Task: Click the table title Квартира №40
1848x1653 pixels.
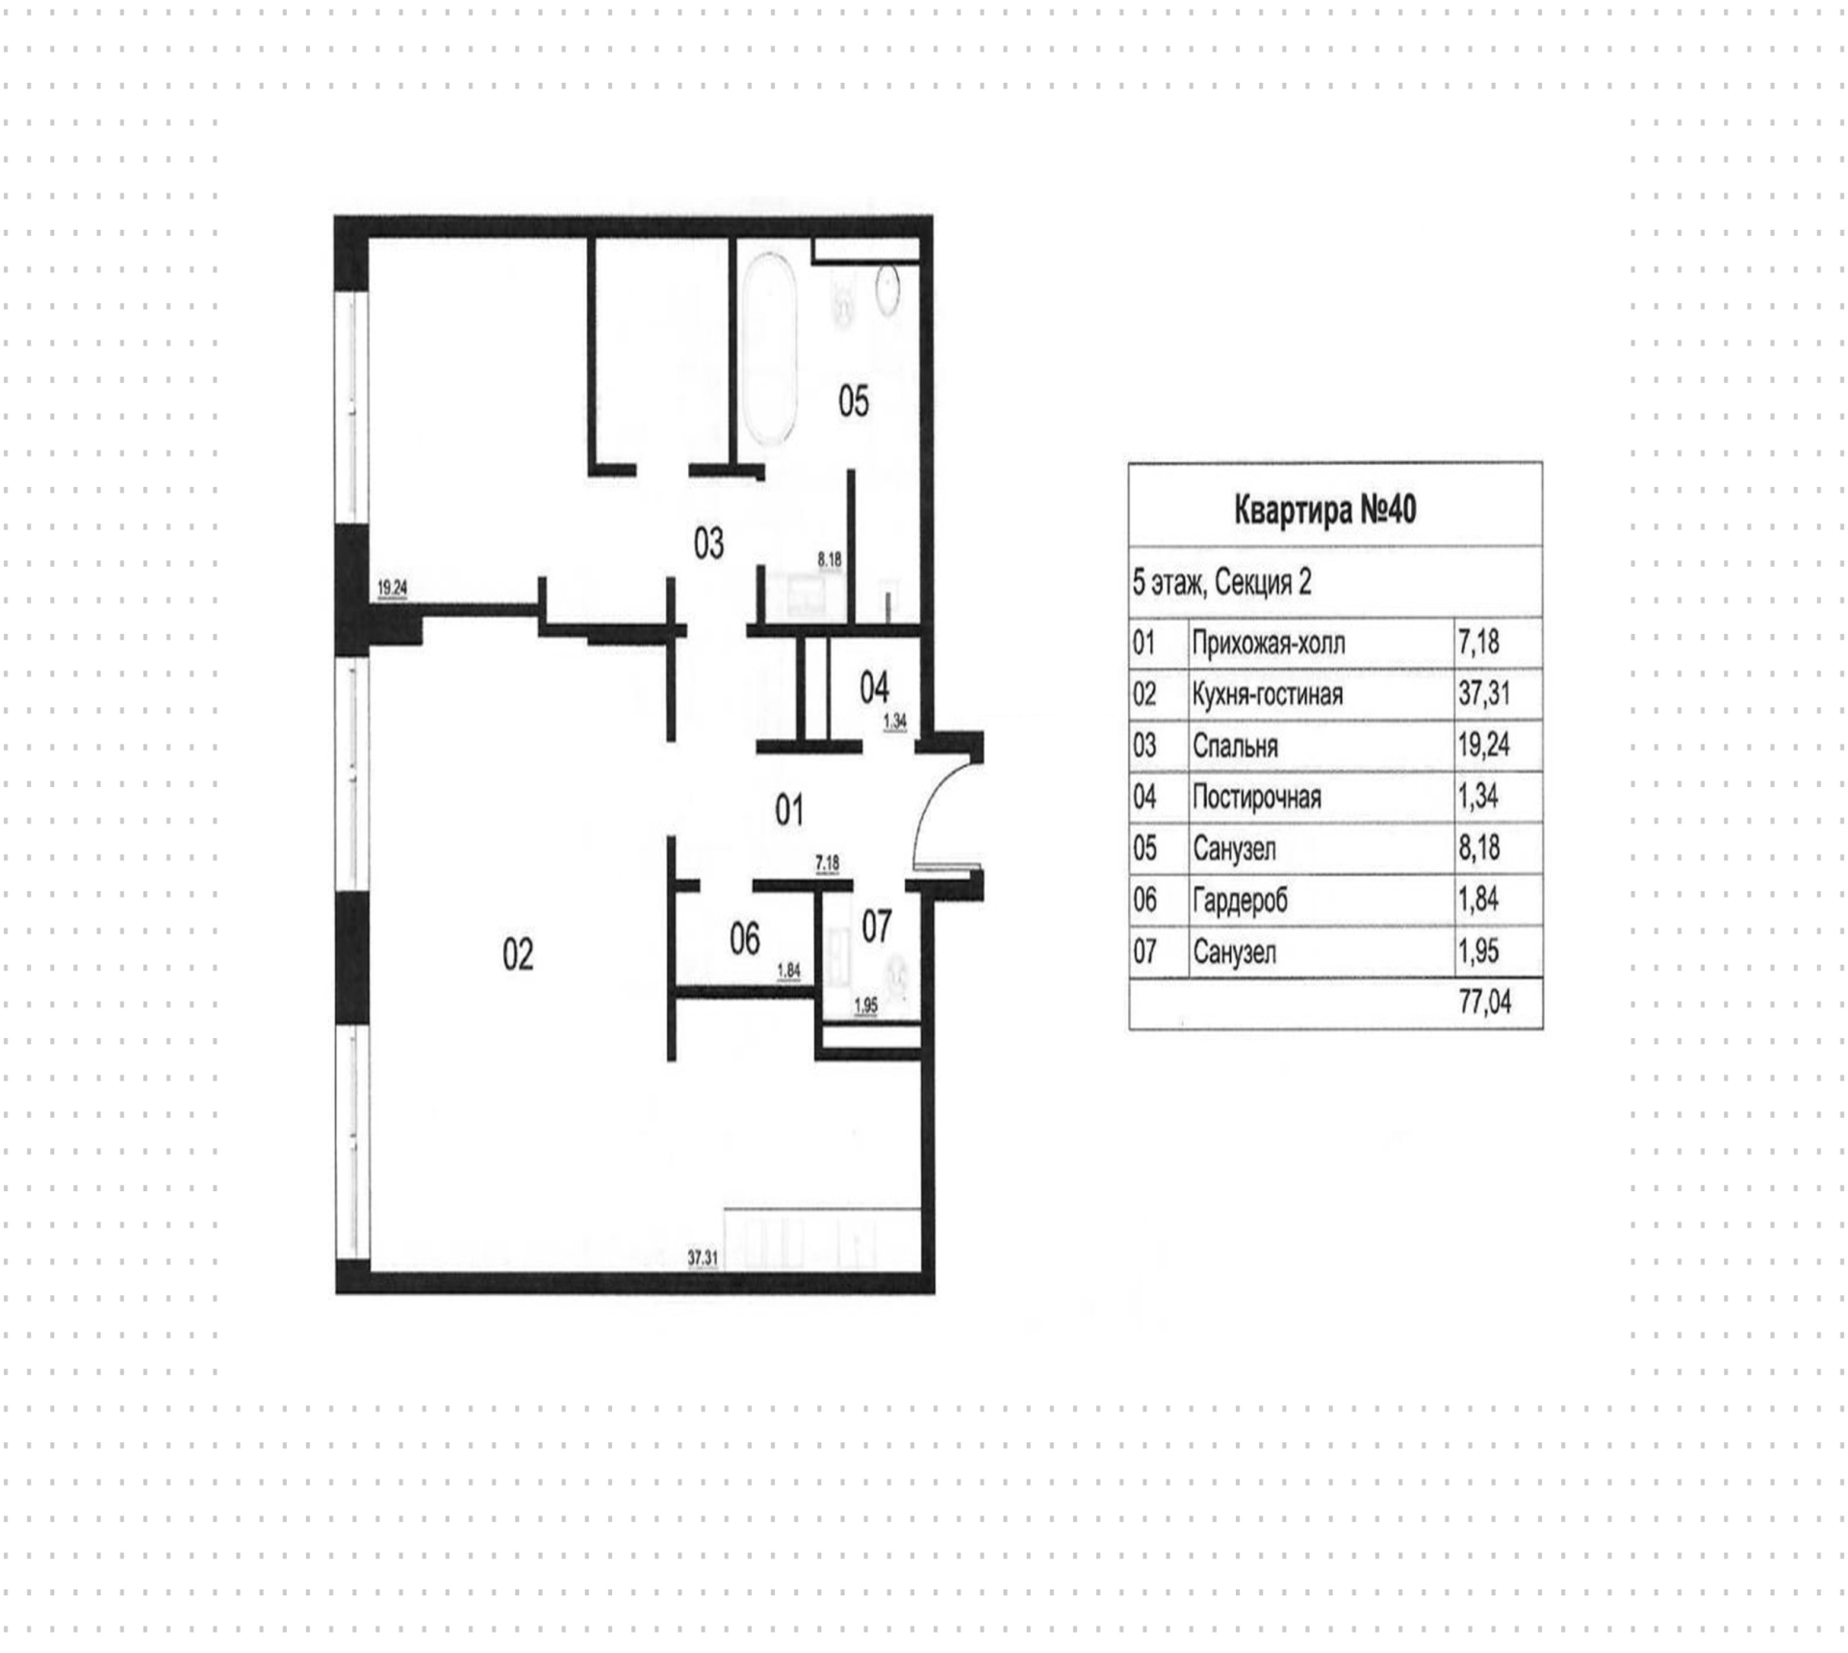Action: [1324, 510]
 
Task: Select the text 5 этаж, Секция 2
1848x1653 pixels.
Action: [1221, 582]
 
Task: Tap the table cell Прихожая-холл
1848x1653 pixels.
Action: [1269, 643]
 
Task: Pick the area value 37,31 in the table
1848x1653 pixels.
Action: [1484, 694]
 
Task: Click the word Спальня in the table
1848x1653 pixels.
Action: [1235, 746]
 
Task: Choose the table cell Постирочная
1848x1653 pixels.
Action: [1256, 798]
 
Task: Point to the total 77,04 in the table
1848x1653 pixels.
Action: [1485, 1003]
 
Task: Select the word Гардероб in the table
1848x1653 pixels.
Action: [1240, 901]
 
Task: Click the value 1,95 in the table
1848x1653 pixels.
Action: [1479, 952]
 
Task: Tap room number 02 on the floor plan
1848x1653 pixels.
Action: [518, 954]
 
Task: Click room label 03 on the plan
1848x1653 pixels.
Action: [708, 545]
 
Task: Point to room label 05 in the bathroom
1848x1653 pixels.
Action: [854, 401]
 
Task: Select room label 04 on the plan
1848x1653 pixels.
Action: [874, 688]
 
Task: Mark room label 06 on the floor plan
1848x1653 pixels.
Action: [744, 939]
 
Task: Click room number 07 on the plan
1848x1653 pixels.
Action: [876, 927]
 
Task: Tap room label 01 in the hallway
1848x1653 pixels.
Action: [789, 811]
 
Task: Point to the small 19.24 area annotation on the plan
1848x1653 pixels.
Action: [392, 588]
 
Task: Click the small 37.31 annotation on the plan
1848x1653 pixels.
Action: [703, 1257]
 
